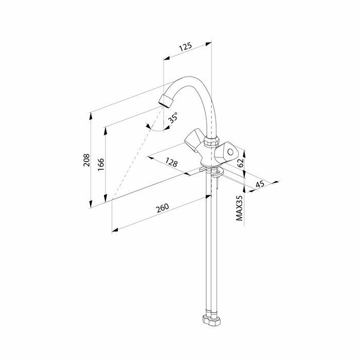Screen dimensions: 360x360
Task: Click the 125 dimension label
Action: point(186,47)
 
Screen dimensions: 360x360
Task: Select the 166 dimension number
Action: point(101,164)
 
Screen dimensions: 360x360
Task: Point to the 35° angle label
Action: point(173,117)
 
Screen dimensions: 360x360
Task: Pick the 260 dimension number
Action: point(161,208)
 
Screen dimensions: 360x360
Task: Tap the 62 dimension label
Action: point(240,161)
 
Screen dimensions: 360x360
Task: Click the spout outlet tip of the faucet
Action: point(165,100)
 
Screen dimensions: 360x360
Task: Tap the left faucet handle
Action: point(194,138)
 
